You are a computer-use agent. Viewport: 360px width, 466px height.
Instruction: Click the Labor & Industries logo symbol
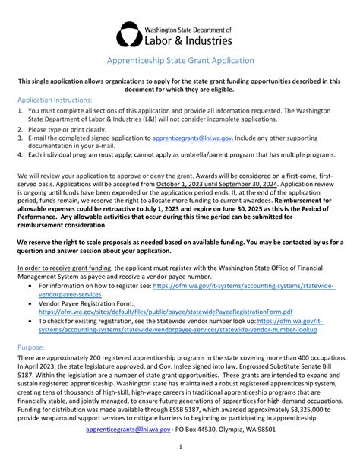128,34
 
